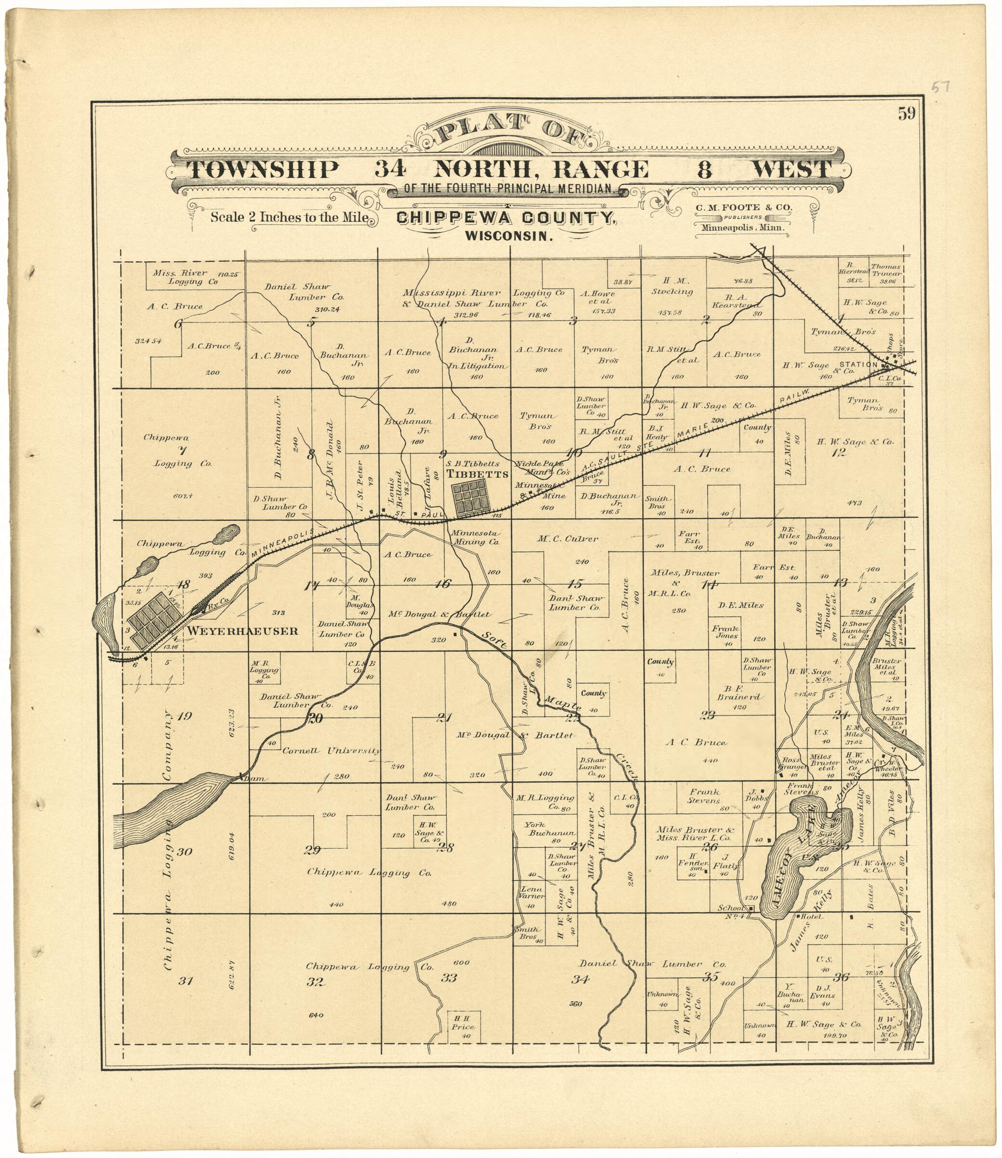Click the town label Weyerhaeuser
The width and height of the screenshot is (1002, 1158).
click(x=242, y=631)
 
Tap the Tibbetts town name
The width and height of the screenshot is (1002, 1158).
click(x=477, y=474)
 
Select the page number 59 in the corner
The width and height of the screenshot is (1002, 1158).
click(x=907, y=114)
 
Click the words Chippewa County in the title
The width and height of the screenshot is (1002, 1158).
click(x=506, y=218)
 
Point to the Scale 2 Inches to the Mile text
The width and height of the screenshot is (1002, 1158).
click(x=289, y=217)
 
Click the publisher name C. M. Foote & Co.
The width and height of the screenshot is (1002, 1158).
click(x=744, y=208)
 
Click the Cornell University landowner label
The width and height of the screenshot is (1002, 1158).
click(x=331, y=751)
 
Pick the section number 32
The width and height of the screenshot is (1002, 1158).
click(x=316, y=981)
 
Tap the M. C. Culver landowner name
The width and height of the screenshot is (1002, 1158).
click(x=567, y=539)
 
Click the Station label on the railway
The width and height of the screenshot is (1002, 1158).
click(x=858, y=365)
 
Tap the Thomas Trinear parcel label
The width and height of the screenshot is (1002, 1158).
click(x=886, y=271)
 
